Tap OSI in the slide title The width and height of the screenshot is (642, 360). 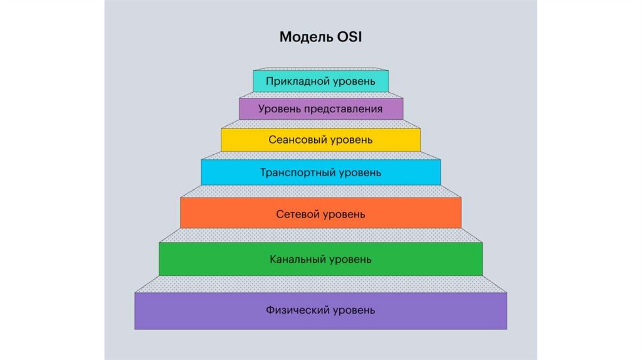coord(349,37)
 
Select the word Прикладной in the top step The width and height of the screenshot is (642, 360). coord(294,81)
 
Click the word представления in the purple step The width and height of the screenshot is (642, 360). coord(344,109)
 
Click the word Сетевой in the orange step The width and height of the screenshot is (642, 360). coord(297,214)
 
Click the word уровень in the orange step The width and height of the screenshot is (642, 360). coord(344,214)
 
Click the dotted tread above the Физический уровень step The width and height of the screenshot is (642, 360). coord(320,283)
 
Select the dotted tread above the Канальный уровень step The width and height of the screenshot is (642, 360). coord(320,235)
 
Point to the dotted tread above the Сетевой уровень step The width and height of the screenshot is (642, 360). coord(320,191)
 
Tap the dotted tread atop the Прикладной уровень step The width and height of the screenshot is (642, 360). coord(320,68)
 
